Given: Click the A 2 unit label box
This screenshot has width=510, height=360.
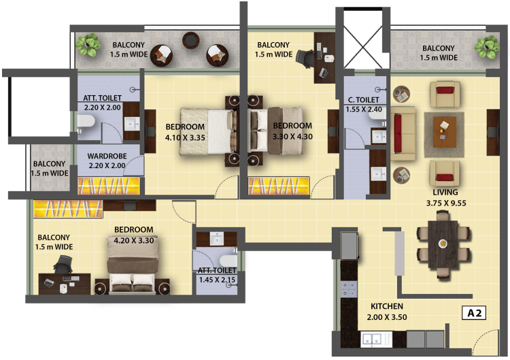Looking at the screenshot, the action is click(x=474, y=313).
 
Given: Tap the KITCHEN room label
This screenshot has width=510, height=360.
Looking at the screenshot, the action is click(x=387, y=306).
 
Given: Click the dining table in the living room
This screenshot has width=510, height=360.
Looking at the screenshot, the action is click(x=443, y=243).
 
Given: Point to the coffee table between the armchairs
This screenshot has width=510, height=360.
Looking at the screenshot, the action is click(x=444, y=129).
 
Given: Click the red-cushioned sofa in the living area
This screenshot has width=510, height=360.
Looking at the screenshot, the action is click(x=403, y=133).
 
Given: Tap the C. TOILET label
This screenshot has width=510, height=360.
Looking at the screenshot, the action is click(x=364, y=100).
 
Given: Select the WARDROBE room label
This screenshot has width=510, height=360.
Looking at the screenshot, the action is click(x=107, y=157).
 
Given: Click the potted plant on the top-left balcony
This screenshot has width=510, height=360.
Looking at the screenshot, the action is click(x=88, y=45).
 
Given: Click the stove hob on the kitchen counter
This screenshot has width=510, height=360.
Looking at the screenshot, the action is click(x=349, y=289).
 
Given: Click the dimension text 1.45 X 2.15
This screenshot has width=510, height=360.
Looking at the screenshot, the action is click(x=217, y=280).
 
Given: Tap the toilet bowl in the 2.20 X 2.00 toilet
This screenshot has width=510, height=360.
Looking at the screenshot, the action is click(x=86, y=122).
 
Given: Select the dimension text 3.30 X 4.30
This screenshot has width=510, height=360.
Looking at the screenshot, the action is click(x=292, y=137).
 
